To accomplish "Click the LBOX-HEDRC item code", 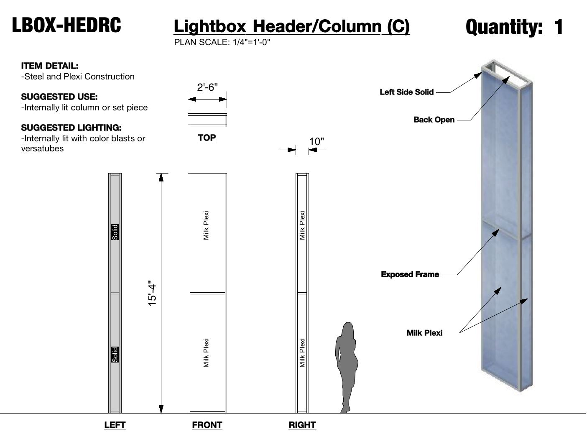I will (x=66, y=25).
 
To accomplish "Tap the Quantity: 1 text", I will (x=514, y=27).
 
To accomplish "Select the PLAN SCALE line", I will (x=222, y=42).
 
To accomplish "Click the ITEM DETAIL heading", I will (x=50, y=66).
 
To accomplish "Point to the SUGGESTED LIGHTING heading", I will (x=71, y=128).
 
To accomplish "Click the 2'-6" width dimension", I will (x=207, y=87).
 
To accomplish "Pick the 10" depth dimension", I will (x=316, y=142).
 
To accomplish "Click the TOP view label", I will (x=207, y=138).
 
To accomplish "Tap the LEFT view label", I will (x=115, y=425).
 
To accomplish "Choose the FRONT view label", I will (x=207, y=425).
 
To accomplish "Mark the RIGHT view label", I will (x=302, y=425).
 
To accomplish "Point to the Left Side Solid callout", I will (x=406, y=92).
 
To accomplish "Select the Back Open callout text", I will (x=434, y=120).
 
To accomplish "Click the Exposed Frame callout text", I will (x=410, y=274).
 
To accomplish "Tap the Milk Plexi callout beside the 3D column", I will (x=424, y=333).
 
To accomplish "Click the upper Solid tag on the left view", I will (x=115, y=232).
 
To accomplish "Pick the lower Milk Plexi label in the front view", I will (x=206, y=353).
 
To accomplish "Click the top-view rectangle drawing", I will (x=207, y=120).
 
